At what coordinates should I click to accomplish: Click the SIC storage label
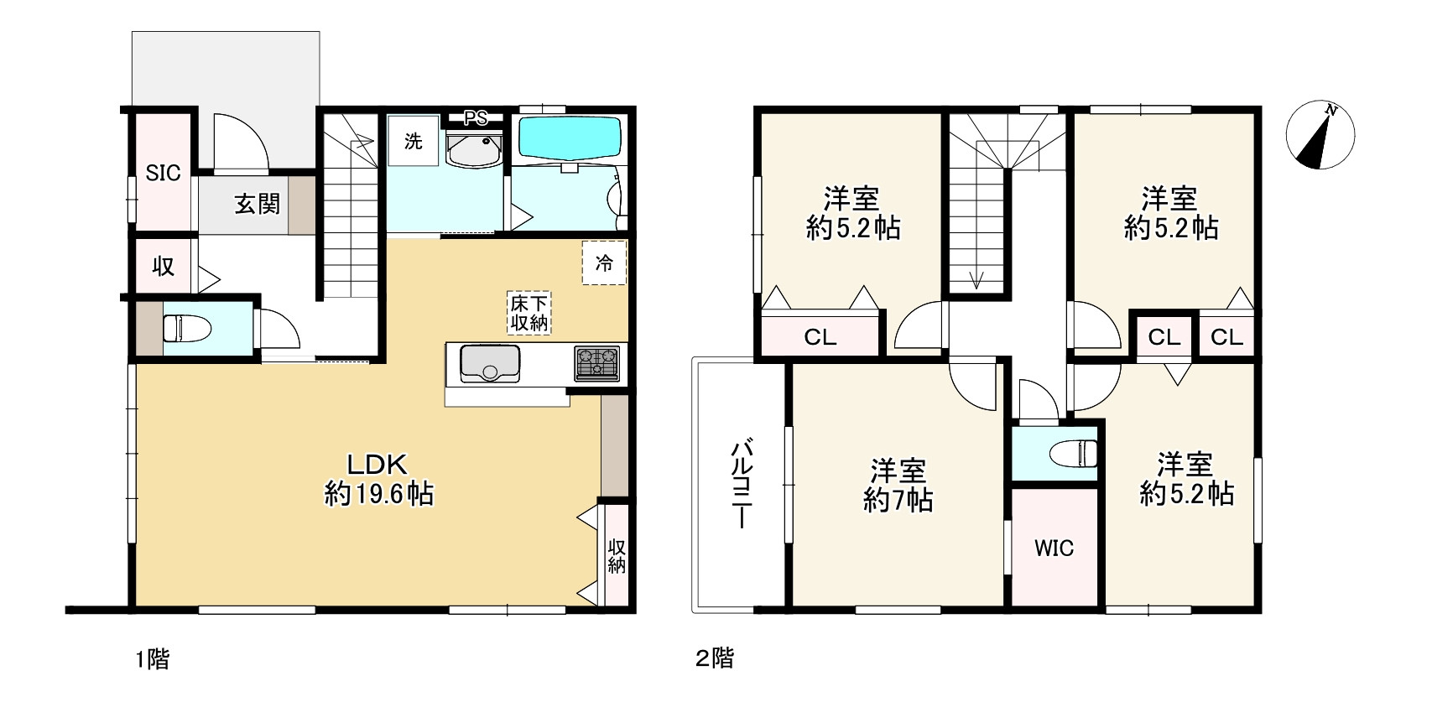pyautogui.click(x=163, y=173)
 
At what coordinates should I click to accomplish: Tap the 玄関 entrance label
pyautogui.click(x=257, y=205)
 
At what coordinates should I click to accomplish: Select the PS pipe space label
pyautogui.click(x=475, y=118)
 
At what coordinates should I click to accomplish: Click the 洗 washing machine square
pyautogui.click(x=413, y=141)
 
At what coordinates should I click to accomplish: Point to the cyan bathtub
pyautogui.click(x=570, y=138)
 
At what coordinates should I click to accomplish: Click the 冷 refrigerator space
pyautogui.click(x=604, y=263)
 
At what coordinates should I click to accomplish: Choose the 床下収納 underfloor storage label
pyautogui.click(x=529, y=313)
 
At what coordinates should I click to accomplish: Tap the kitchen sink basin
pyautogui.click(x=490, y=363)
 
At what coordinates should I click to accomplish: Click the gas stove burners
pyautogui.click(x=597, y=363)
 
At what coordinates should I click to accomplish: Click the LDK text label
pyautogui.click(x=378, y=464)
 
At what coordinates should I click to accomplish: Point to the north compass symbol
pyautogui.click(x=1320, y=135)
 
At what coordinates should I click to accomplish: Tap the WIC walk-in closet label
pyautogui.click(x=1054, y=548)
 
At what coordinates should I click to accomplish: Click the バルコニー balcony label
pyautogui.click(x=742, y=483)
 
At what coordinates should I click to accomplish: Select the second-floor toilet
pyautogui.click(x=1074, y=453)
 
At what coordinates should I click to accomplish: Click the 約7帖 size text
pyautogui.click(x=898, y=501)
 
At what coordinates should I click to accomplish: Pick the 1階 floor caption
pyautogui.click(x=152, y=659)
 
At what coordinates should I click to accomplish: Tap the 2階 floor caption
pyautogui.click(x=715, y=658)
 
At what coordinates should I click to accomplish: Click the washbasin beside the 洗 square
pyautogui.click(x=474, y=151)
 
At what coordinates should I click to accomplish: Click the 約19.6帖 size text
pyautogui.click(x=379, y=494)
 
